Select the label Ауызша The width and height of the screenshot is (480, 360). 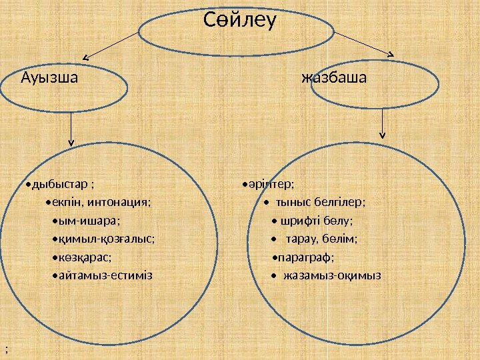49,78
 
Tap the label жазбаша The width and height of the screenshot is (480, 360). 334,78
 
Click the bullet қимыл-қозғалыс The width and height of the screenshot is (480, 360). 105,239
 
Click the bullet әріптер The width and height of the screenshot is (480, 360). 270,183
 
